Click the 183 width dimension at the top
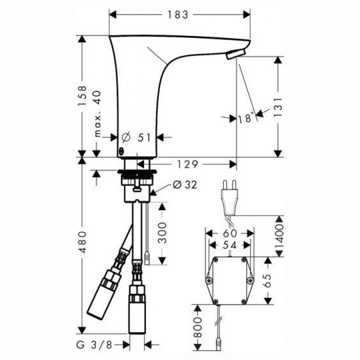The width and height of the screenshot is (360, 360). [178, 15]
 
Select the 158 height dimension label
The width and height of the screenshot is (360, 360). [82, 95]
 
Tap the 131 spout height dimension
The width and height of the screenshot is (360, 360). [278, 107]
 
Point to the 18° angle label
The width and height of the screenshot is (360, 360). [246, 118]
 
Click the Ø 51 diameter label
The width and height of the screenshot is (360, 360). [136, 138]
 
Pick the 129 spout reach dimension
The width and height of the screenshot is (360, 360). [187, 164]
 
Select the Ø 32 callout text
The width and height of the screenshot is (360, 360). [185, 184]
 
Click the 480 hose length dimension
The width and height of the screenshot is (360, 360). [82, 242]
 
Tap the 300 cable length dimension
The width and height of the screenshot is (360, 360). [162, 233]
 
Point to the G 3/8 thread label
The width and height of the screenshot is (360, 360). [94, 345]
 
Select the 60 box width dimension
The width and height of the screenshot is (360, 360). [230, 233]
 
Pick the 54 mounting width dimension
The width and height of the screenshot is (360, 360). [230, 245]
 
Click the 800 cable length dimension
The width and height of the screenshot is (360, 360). [198, 327]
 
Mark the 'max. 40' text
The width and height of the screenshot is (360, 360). [98, 114]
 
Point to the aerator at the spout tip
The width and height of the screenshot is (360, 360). [236, 54]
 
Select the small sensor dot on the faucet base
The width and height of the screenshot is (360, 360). [121, 151]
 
